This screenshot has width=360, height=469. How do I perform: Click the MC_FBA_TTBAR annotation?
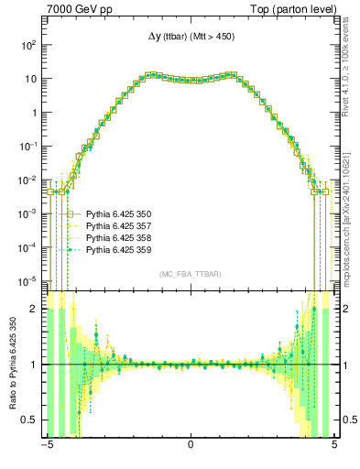click(191, 275)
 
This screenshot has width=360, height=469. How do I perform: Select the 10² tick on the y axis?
click(29, 45)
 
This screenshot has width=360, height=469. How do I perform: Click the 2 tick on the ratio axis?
click(37, 310)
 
